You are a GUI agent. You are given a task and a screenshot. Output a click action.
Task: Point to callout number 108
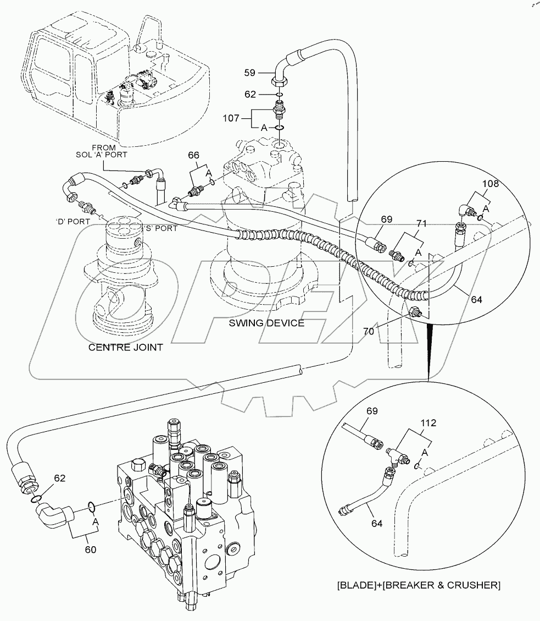click(491, 184)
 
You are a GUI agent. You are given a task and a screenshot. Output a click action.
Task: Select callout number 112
click(428, 423)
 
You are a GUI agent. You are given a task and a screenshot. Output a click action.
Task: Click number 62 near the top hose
click(250, 95)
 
